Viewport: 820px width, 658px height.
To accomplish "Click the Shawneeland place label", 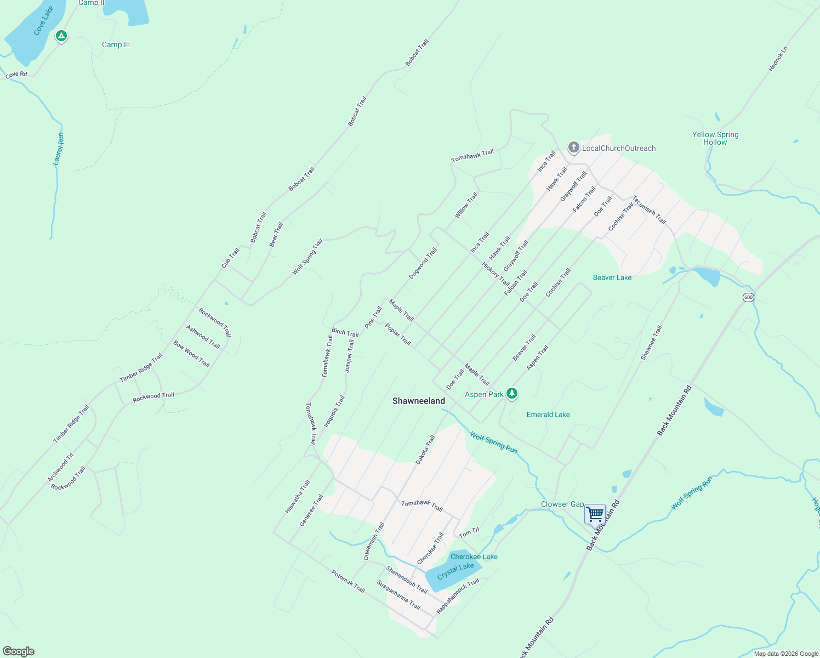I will pos(419,401).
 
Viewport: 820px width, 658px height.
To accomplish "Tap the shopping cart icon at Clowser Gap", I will pos(595,515).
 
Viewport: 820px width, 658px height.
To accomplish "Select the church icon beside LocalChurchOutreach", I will pos(573,148).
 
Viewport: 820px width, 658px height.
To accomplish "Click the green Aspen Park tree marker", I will pos(512,393).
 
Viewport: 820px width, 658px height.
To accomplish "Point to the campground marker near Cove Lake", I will pos(61,36).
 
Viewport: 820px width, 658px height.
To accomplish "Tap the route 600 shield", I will pos(748,297).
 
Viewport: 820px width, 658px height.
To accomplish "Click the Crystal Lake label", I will pos(455,571).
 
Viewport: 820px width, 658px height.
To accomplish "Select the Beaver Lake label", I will pos(612,277).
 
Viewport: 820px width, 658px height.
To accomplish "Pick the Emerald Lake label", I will pos(548,415).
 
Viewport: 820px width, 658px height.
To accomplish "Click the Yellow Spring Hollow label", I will pos(715,138).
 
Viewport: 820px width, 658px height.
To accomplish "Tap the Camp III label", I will pos(116,45).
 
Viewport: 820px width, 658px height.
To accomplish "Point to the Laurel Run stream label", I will pos(59,149).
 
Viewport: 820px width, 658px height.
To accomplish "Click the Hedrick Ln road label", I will pos(778,59).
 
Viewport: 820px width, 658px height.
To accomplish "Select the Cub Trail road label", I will pos(230,258).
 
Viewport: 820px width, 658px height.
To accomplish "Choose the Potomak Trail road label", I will pos(348,581).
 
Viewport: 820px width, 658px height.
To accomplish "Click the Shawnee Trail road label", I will pos(652,343).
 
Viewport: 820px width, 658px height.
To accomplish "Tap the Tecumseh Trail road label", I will pos(650,210).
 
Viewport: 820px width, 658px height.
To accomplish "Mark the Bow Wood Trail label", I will pos(192,354).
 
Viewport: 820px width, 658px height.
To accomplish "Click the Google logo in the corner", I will pos(19,651).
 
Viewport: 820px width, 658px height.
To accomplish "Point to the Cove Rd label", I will pos(16,75).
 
